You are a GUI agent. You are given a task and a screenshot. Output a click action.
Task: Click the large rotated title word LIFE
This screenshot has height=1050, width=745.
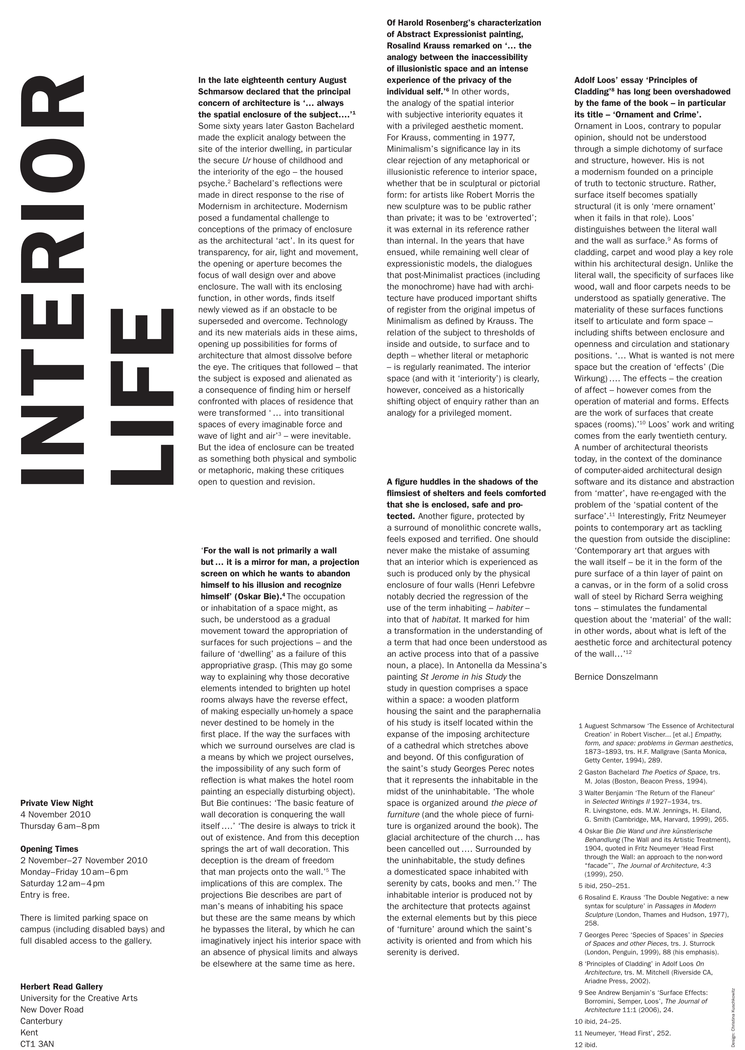point(142,397)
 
